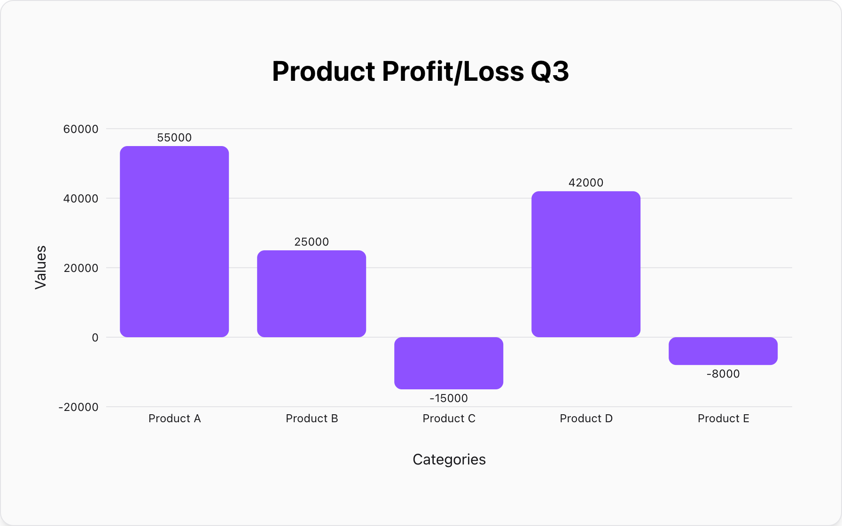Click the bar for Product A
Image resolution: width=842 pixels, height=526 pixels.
174,241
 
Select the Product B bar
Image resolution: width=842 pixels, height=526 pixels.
312,294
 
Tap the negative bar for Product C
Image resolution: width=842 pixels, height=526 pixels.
449,363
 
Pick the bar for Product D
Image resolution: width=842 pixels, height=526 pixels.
586,264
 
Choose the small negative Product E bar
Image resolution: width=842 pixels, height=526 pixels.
723,351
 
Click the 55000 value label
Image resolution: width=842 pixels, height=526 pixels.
174,138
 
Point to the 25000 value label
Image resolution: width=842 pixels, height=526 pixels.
312,242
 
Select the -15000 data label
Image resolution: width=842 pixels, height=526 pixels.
449,398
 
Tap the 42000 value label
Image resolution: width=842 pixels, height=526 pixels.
586,183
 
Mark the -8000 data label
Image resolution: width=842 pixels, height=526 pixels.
723,374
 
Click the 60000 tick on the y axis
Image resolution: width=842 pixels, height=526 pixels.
81,129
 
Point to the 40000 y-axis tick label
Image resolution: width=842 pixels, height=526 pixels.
81,199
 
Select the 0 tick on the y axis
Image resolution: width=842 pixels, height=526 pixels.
95,338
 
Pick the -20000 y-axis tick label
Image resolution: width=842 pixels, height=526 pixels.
78,407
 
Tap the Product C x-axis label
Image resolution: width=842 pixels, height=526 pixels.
449,418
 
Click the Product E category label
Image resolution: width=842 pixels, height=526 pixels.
723,418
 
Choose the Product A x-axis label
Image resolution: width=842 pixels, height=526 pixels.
174,418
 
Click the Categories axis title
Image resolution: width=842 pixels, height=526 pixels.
449,459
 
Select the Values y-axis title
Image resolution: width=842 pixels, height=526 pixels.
41,267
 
